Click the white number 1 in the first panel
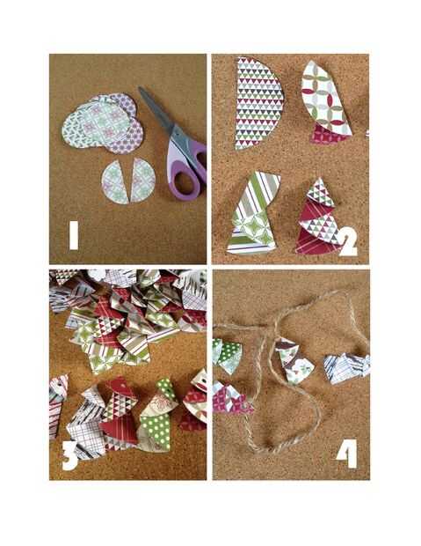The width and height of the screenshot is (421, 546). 74,236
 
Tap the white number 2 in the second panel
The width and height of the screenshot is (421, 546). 348,244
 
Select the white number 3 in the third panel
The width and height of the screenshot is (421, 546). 70,456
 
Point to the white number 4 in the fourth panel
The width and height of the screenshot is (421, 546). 348,454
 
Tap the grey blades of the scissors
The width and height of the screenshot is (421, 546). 156,108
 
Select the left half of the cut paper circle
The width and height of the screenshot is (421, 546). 115,182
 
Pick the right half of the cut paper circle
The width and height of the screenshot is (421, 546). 142,181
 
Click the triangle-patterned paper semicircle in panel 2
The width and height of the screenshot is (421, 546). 258,103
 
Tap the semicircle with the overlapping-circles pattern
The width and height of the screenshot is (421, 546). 324,99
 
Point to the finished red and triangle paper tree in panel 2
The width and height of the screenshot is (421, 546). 319,218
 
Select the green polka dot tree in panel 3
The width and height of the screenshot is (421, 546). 157,417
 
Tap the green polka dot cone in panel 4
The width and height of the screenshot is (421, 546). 227,356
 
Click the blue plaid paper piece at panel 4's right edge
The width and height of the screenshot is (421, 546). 347,368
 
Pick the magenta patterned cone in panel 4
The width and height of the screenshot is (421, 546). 230,398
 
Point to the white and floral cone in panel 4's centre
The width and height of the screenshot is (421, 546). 294,362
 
